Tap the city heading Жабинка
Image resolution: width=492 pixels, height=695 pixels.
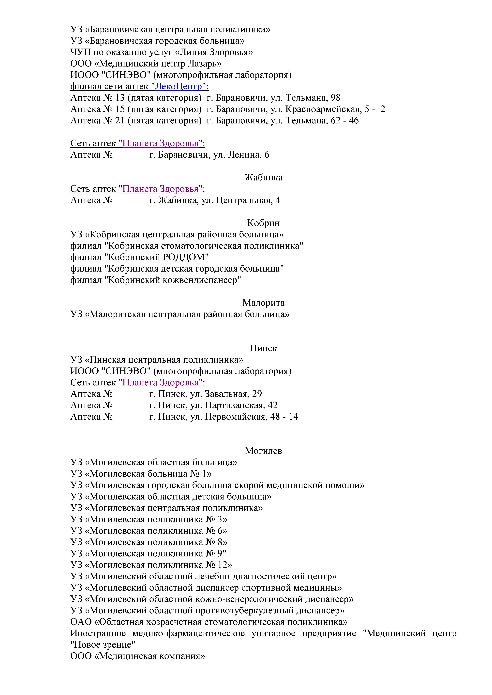click(x=263, y=177)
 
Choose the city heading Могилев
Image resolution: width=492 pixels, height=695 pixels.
click(x=263, y=451)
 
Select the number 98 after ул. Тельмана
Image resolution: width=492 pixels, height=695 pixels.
click(x=335, y=98)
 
